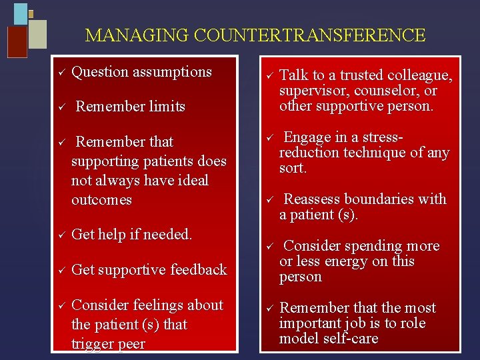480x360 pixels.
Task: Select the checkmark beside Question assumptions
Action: (x=59, y=72)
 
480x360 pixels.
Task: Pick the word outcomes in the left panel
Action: (x=101, y=200)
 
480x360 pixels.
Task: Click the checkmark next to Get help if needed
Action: (x=59, y=235)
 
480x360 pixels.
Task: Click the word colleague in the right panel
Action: (x=420, y=76)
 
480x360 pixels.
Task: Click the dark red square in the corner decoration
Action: (x=17, y=42)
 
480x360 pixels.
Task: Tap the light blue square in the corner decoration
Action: (x=21, y=13)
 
